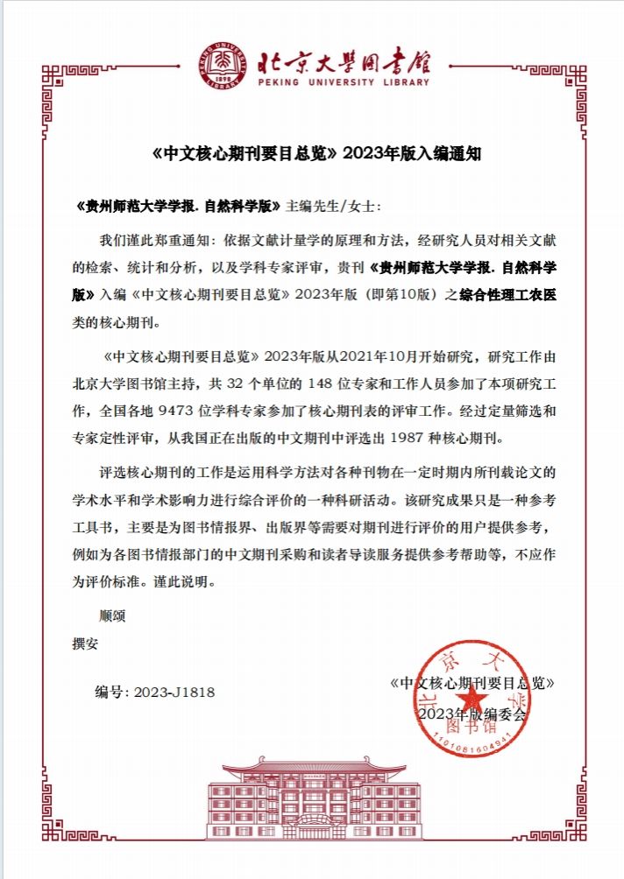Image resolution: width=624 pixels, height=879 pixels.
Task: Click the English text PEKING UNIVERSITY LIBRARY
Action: pyautogui.click(x=345, y=83)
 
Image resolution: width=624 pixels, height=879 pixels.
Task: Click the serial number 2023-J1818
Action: pyautogui.click(x=174, y=692)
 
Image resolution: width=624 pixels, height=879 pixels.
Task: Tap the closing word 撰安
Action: pyautogui.click(x=85, y=642)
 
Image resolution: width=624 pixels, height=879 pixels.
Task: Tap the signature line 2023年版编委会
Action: pyautogui.click(x=473, y=714)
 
